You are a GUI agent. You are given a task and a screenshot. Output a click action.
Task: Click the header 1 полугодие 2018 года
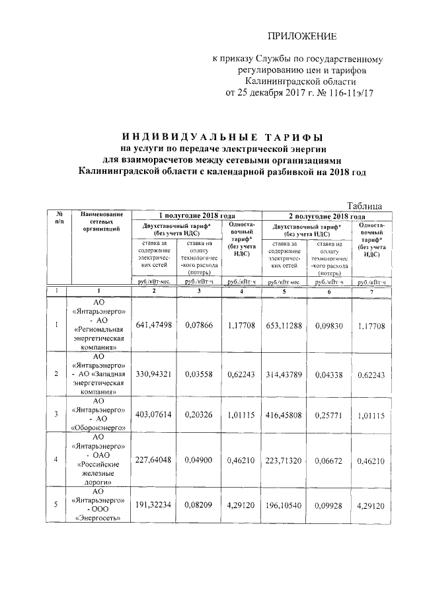pos(197,216)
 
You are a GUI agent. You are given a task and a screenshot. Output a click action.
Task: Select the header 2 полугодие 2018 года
pos(327,216)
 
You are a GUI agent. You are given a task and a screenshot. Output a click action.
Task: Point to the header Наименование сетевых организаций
pos(102,221)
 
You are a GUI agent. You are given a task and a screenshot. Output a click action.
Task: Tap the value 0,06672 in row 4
pos(330,459)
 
